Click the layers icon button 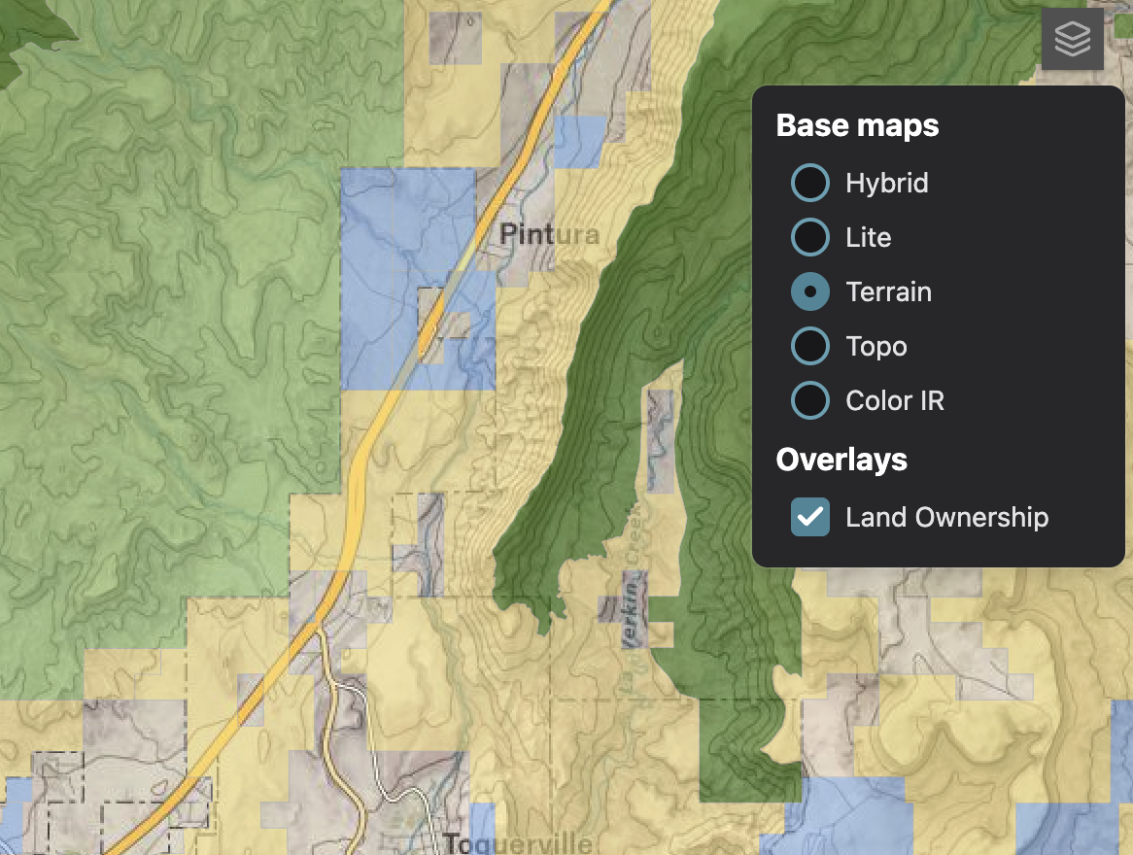(x=1072, y=40)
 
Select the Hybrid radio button (x=810, y=183)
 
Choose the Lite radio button (x=810, y=237)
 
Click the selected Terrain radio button (x=810, y=291)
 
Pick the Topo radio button (x=810, y=346)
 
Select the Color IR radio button (x=810, y=400)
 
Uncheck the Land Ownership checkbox (x=810, y=517)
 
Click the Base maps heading (x=857, y=125)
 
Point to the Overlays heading (x=841, y=460)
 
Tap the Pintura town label (x=549, y=235)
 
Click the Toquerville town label (x=517, y=842)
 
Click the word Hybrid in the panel (x=886, y=183)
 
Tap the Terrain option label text (x=888, y=291)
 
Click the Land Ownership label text (x=946, y=517)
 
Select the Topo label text (x=875, y=346)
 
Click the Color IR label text (x=894, y=400)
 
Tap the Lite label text (x=868, y=237)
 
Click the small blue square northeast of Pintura (x=581, y=142)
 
